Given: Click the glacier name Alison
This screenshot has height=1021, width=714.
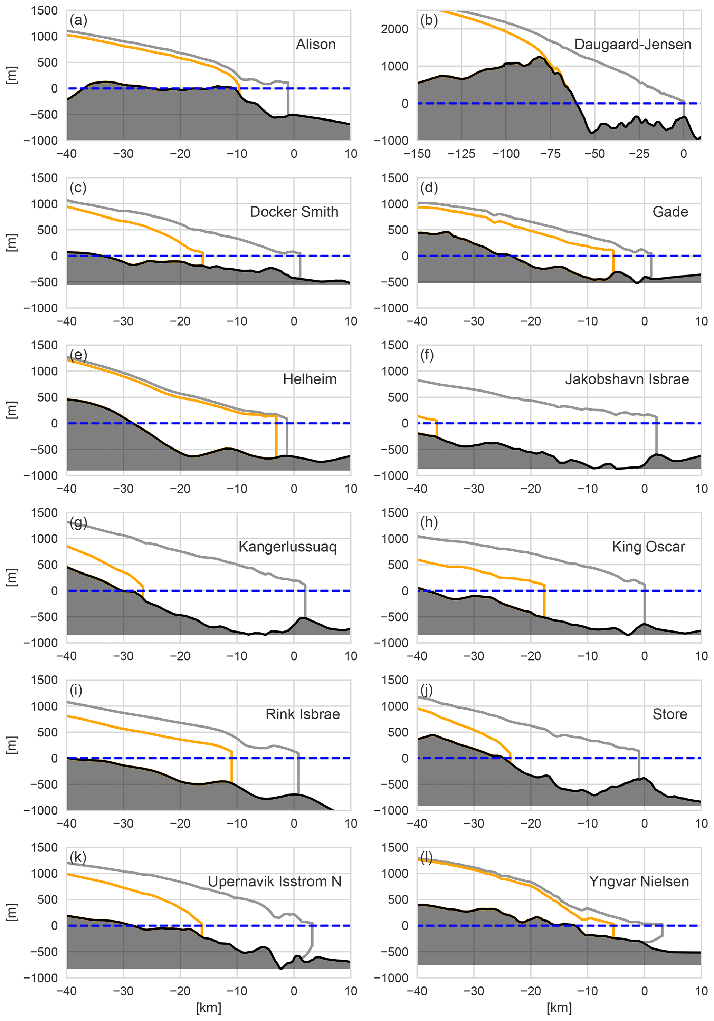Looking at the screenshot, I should pos(316,45).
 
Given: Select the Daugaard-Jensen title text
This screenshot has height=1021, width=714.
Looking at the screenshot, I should pos(632,45).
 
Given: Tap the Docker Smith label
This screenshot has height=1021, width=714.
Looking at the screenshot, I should pos(294,212).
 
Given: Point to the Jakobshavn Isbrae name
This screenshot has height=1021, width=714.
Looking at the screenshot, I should pos(627,379).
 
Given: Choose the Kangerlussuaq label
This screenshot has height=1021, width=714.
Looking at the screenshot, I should pos(287,547).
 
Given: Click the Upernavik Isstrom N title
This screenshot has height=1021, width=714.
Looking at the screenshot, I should pos(275,882).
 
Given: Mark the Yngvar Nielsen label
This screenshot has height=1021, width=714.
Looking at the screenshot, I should pos(639,882).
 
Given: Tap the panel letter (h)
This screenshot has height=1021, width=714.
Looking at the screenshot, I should pos(429,522).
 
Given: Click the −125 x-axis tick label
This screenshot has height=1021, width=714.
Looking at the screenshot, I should pos(461,154).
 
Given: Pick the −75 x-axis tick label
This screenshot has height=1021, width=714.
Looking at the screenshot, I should pos(550,154).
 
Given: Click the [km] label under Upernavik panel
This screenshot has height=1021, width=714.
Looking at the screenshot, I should pos(209,1008).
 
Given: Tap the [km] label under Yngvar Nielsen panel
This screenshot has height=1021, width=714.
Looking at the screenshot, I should pos(559,1008).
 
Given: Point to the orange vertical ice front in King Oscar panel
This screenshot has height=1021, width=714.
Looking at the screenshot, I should pos(544,600).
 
